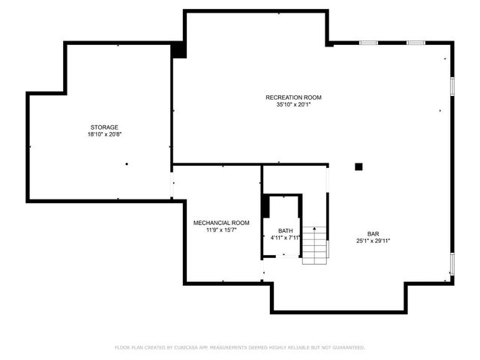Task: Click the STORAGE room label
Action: [x=104, y=127]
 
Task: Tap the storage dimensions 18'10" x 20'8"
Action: [x=104, y=134]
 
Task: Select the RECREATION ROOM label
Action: [x=293, y=97]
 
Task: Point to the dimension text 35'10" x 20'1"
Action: [x=293, y=105]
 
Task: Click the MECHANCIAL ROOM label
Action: [x=221, y=223]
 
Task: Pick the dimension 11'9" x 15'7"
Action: [x=221, y=230]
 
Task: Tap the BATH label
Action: [x=285, y=231]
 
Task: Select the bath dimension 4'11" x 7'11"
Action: [x=285, y=238]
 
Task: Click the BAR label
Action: [x=373, y=233]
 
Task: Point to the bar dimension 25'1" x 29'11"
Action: [x=373, y=241]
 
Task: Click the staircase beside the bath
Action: [x=315, y=244]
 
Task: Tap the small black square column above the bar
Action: [x=359, y=166]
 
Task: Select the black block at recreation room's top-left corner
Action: [x=178, y=49]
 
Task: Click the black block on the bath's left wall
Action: [x=265, y=207]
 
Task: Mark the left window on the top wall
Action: [x=367, y=43]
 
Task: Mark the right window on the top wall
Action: [x=416, y=43]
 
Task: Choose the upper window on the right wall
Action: [x=452, y=85]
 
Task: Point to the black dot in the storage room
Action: [x=127, y=163]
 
